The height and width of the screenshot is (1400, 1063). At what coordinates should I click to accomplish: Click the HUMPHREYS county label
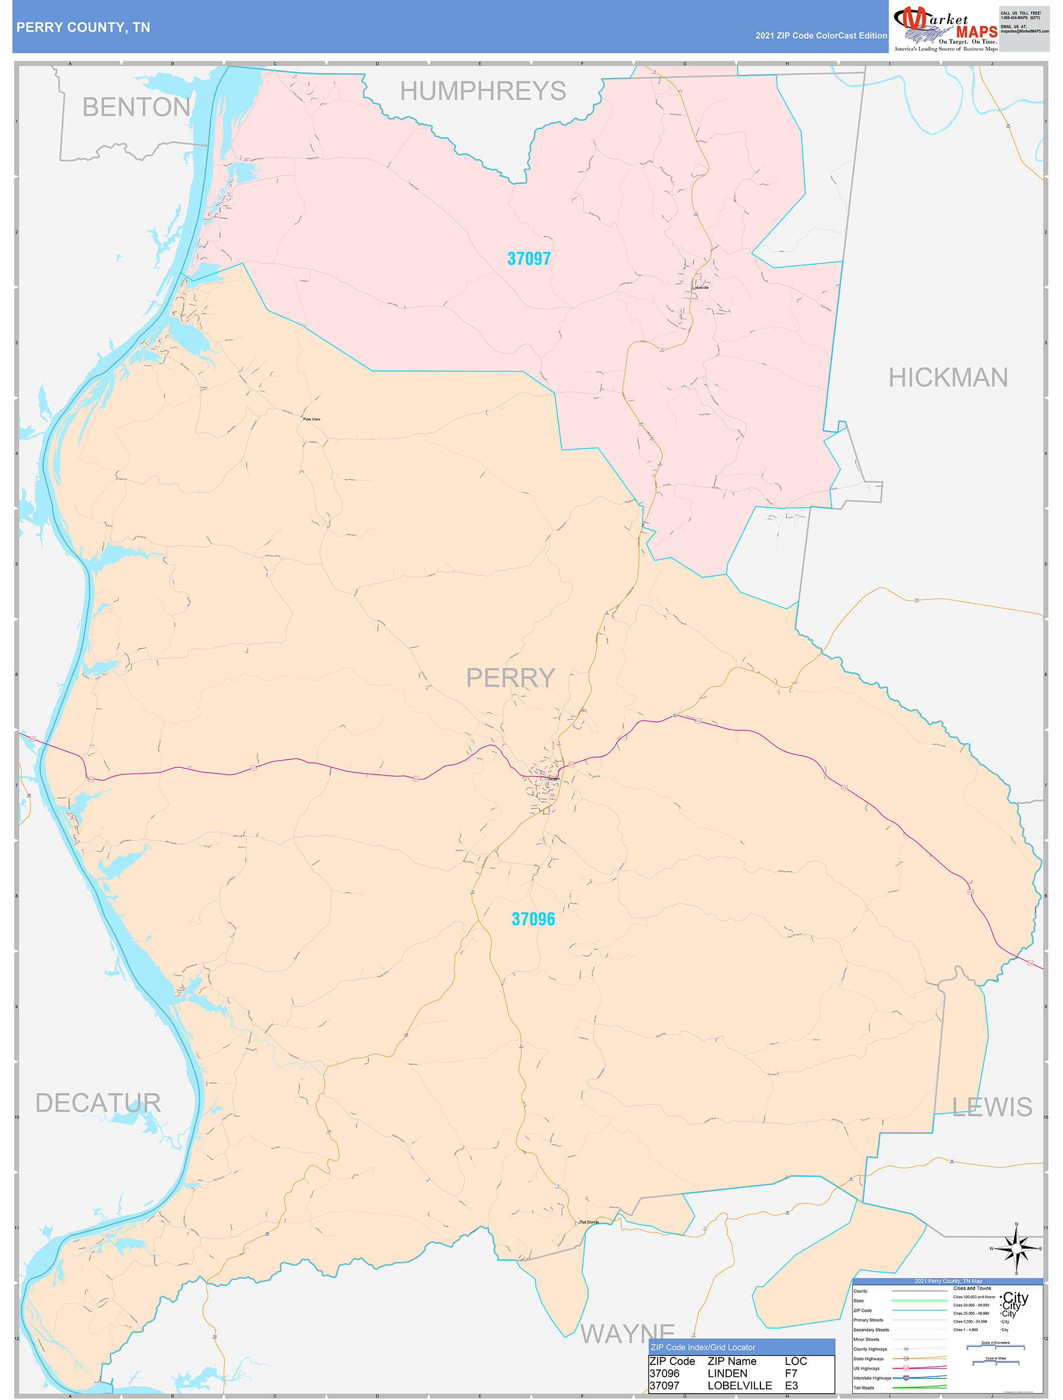pyautogui.click(x=482, y=91)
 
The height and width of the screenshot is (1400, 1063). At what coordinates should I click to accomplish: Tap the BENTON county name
pyautogui.click(x=136, y=107)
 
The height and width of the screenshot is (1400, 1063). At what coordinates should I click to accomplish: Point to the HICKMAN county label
pyautogui.click(x=948, y=378)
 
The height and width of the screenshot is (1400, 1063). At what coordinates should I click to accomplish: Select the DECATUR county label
pyautogui.click(x=98, y=1103)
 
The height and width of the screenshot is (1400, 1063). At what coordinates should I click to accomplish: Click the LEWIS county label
pyautogui.click(x=992, y=1107)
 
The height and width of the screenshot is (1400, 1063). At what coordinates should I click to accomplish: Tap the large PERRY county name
pyautogui.click(x=510, y=678)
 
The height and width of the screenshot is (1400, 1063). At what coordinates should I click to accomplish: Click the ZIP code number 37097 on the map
pyautogui.click(x=529, y=258)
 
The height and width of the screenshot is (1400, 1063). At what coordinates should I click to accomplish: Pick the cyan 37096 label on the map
pyautogui.click(x=533, y=919)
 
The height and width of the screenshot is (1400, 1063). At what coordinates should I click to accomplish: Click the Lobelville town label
pyautogui.click(x=700, y=288)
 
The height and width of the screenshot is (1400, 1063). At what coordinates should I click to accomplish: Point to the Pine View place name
pyautogui.click(x=311, y=419)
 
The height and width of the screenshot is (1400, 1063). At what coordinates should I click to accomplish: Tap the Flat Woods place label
pyautogui.click(x=589, y=1222)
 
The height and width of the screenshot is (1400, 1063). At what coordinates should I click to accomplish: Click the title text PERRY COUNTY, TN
pyautogui.click(x=83, y=27)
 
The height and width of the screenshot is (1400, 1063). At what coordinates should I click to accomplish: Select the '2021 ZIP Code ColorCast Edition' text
pyautogui.click(x=821, y=36)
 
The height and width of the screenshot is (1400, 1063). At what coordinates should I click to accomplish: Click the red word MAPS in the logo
pyautogui.click(x=976, y=32)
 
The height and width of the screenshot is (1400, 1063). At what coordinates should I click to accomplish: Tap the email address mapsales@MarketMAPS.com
pyautogui.click(x=1024, y=31)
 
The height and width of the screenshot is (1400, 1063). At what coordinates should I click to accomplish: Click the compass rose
pyautogui.click(x=1016, y=1249)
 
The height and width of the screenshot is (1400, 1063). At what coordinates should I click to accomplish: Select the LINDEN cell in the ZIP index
pyautogui.click(x=727, y=1374)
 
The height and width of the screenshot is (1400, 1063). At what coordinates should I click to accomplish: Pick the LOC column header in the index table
pyautogui.click(x=795, y=1361)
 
